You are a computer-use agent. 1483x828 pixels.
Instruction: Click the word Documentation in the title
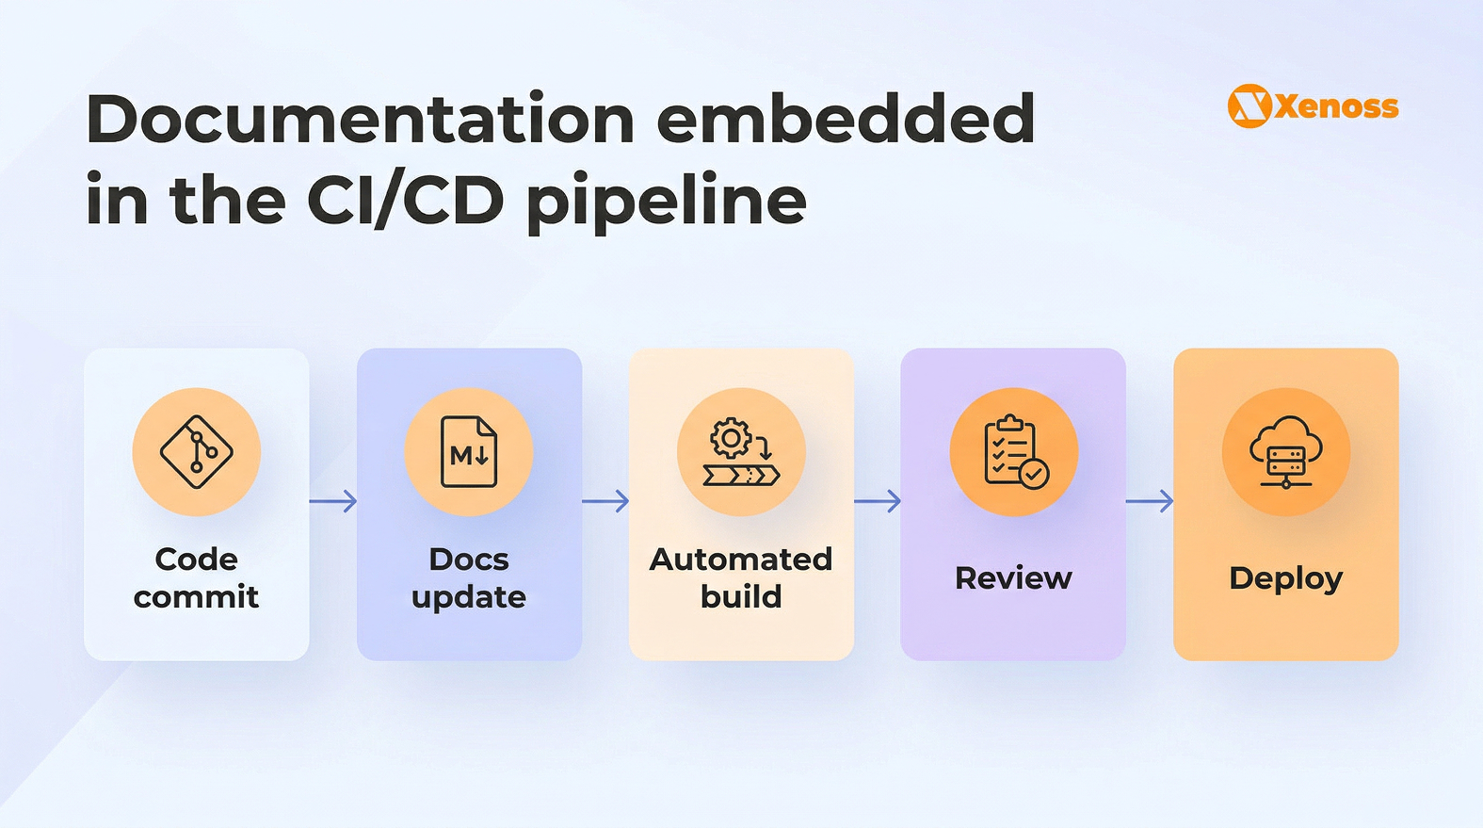tap(361, 120)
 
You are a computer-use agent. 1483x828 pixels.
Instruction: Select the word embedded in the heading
tap(846, 120)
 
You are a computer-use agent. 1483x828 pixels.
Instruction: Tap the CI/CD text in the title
tap(405, 201)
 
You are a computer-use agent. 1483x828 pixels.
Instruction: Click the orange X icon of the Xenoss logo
tap(1249, 106)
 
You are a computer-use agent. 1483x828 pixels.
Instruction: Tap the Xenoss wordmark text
tap(1337, 106)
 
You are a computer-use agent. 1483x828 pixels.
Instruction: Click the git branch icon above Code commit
tap(196, 452)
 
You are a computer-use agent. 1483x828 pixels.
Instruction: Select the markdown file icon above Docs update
tap(469, 452)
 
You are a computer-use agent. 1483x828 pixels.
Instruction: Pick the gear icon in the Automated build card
tap(731, 439)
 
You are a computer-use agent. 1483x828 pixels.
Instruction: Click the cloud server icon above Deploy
tap(1286, 452)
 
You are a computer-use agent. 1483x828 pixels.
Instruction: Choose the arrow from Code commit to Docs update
tap(333, 501)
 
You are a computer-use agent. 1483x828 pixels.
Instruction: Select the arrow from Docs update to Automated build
tap(605, 501)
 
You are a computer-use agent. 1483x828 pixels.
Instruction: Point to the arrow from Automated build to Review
tap(878, 501)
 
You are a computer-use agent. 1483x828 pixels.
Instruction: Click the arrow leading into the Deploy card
tap(1150, 501)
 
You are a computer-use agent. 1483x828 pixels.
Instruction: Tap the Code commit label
tap(196, 577)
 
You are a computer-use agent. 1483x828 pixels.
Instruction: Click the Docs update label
tap(469, 577)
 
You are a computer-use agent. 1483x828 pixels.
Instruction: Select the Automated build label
tap(741, 577)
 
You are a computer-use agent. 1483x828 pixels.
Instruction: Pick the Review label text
tap(1013, 577)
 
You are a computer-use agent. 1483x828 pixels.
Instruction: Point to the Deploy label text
tap(1286, 578)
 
